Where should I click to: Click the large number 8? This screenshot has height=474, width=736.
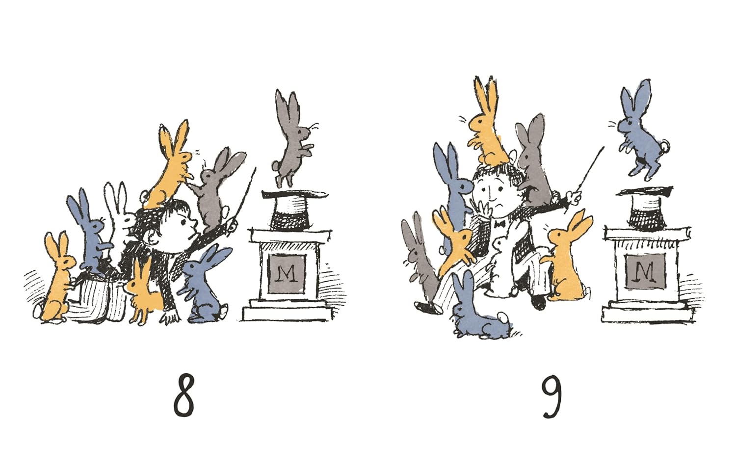point(184,395)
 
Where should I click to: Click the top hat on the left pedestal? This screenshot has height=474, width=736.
point(294,210)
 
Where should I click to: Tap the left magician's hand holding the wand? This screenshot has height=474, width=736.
point(232,227)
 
